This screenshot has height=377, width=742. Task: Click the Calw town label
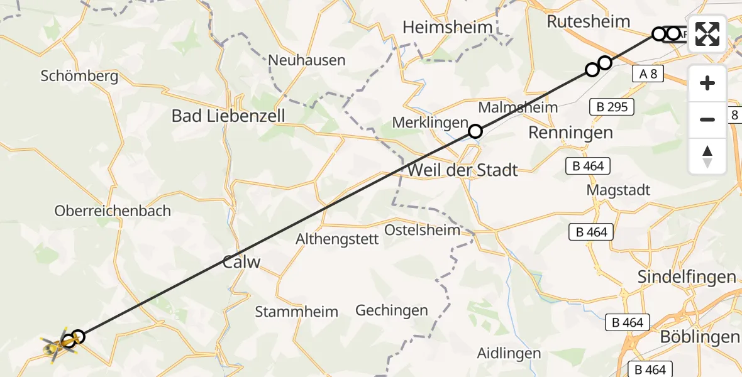click(x=241, y=262)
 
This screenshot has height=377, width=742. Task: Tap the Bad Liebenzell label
click(x=228, y=116)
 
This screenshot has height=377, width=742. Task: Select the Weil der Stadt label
click(x=463, y=170)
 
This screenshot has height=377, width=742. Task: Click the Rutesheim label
click(x=588, y=21)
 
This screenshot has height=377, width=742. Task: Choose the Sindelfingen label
click(x=687, y=276)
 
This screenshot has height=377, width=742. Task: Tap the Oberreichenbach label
click(x=113, y=210)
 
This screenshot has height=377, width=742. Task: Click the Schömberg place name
click(x=79, y=77)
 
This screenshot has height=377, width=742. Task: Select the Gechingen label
click(x=392, y=310)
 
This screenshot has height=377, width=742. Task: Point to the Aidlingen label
click(x=509, y=353)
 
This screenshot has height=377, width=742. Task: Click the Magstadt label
click(x=618, y=190)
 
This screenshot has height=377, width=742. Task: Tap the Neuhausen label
click(x=307, y=60)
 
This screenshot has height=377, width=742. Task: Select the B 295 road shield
click(x=612, y=107)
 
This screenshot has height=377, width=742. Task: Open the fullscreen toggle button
click(x=707, y=34)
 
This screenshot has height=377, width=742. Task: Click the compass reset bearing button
click(x=707, y=156)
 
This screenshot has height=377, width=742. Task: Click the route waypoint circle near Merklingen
click(x=475, y=131)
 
